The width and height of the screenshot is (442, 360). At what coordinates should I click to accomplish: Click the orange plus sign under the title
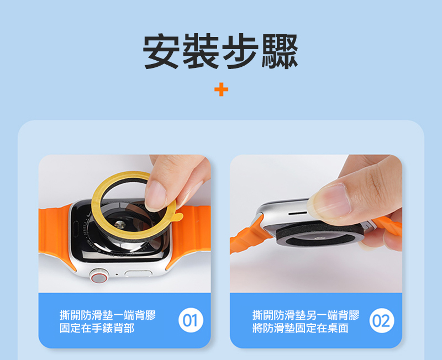(x=221, y=89)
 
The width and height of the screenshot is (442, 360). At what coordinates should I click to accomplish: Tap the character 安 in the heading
(x=161, y=51)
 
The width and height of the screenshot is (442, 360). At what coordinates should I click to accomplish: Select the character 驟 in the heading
(x=280, y=51)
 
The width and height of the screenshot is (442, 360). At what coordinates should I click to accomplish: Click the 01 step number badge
(x=191, y=320)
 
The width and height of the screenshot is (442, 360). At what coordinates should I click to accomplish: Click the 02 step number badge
(x=382, y=320)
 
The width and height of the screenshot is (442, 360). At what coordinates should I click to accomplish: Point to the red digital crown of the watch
(x=99, y=276)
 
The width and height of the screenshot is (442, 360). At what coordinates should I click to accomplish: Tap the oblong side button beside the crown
(x=138, y=273)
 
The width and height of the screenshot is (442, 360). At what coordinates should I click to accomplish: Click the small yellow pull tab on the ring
(x=179, y=216)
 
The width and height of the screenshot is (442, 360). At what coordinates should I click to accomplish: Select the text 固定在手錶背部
(x=97, y=328)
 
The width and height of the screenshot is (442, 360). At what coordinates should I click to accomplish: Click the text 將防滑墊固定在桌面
(x=300, y=328)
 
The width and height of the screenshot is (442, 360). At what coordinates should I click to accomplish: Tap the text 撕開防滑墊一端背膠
(x=107, y=315)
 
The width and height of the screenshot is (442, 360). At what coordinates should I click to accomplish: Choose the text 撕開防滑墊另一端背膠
(x=306, y=315)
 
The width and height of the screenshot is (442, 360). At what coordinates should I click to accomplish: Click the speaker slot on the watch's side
(x=298, y=213)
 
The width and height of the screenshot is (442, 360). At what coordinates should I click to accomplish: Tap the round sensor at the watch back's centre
(x=120, y=224)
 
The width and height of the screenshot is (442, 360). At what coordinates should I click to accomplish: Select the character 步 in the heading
(x=240, y=51)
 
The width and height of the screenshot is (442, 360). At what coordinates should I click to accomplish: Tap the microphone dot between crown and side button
(x=117, y=274)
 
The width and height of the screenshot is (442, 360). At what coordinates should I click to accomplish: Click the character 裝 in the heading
(x=201, y=51)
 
